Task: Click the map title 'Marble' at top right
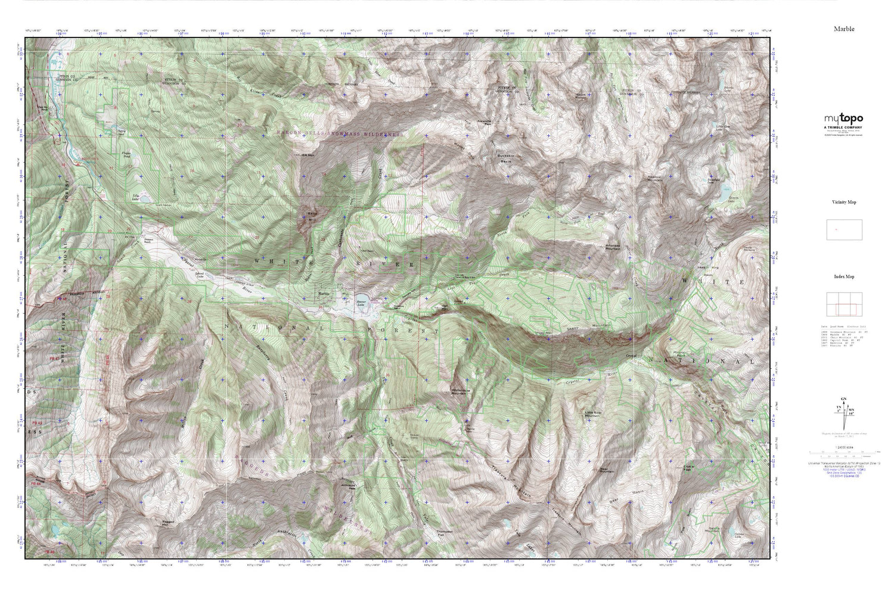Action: tap(844, 29)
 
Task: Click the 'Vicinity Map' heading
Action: tap(844, 202)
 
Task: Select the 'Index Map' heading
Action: tap(844, 277)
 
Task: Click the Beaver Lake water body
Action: tap(361, 300)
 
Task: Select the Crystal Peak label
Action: tap(689, 468)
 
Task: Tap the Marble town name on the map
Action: tap(324, 293)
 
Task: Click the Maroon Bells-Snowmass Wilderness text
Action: tap(339, 134)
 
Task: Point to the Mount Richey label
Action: tap(581, 97)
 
